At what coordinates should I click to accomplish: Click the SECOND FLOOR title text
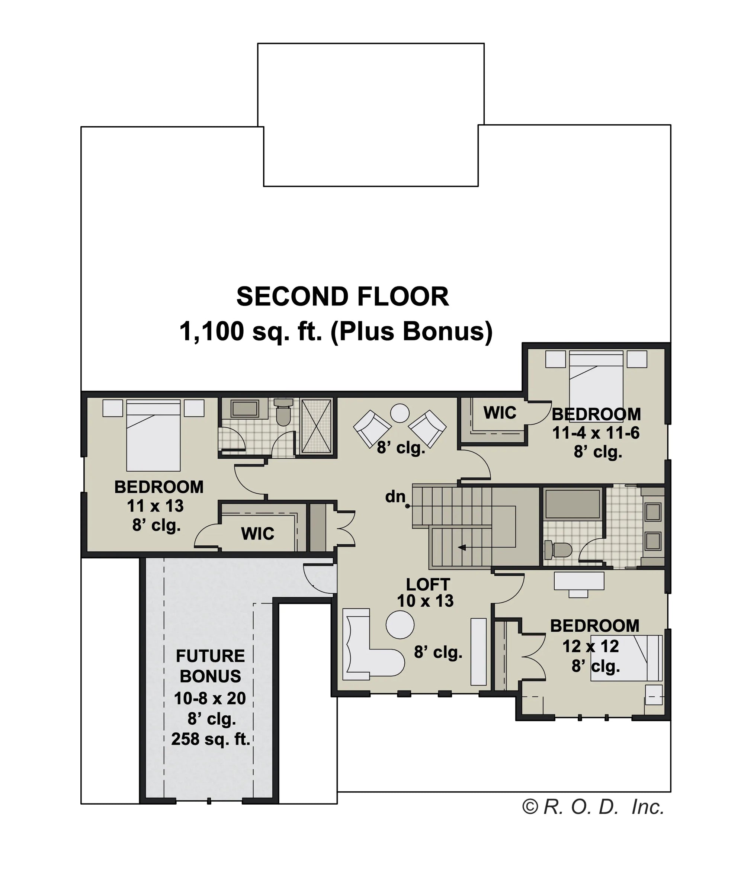tap(343, 296)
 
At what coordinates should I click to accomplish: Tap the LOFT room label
tap(428, 584)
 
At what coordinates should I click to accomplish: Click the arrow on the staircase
tap(462, 548)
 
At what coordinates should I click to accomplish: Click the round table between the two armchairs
tap(400, 413)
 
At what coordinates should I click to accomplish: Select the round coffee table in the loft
tap(400, 625)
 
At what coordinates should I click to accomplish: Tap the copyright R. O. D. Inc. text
tap(593, 806)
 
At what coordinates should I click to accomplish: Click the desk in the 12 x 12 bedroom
tap(579, 582)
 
